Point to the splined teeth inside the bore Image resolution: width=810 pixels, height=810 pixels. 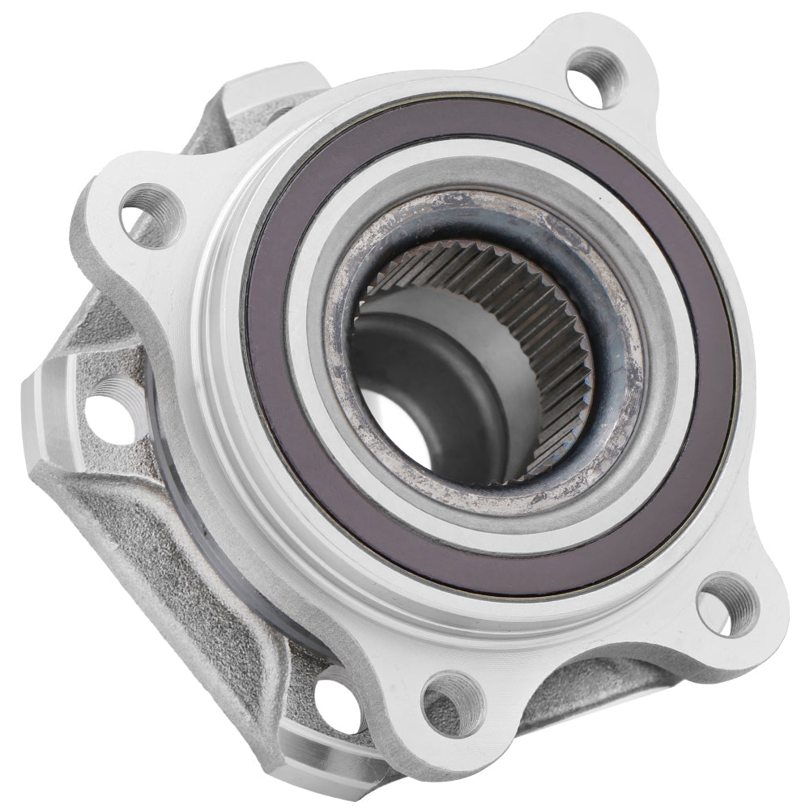tap(518, 324)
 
